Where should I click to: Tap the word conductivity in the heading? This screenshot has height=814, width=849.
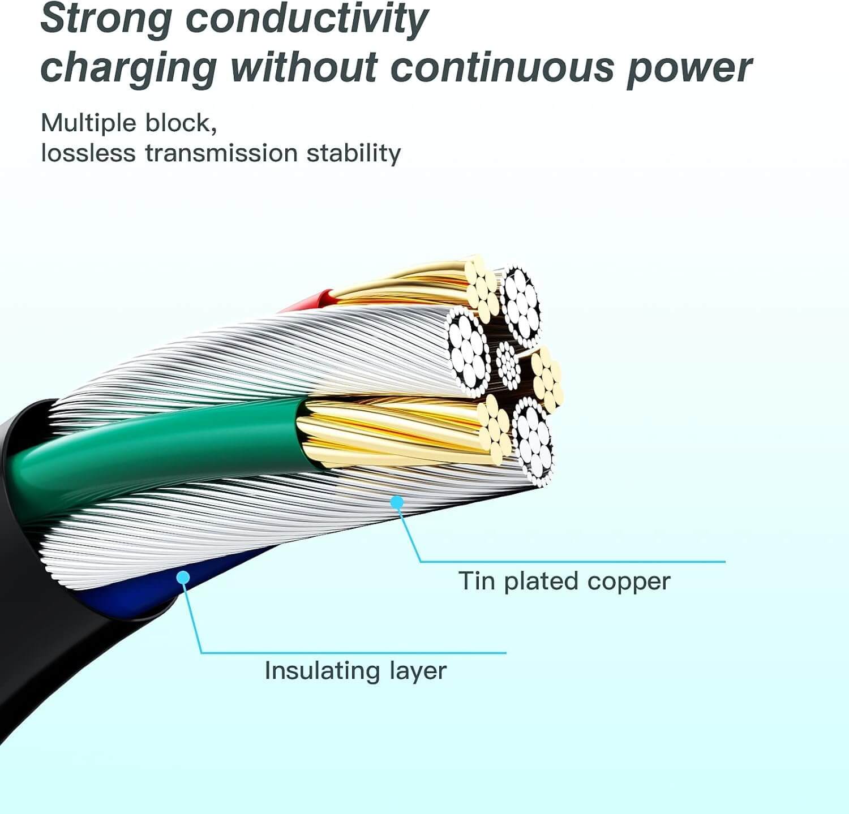click(307, 19)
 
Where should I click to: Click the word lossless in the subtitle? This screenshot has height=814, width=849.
click(88, 153)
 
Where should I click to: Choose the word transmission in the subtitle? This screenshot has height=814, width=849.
click(221, 153)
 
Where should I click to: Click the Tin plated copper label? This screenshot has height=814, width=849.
click(564, 582)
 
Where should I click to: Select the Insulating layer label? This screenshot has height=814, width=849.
click(355, 671)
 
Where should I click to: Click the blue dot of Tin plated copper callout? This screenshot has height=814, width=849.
click(397, 501)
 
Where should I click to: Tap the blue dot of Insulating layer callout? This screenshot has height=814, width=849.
click(183, 577)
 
